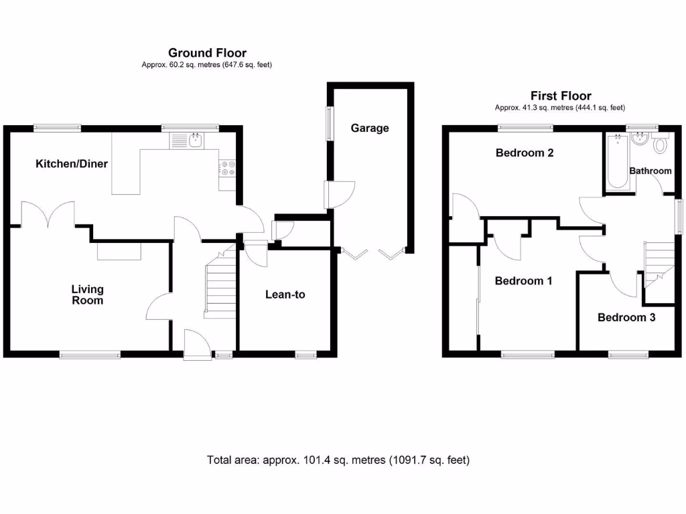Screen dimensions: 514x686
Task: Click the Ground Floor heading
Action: click(207, 53)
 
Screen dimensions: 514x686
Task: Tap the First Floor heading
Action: click(561, 96)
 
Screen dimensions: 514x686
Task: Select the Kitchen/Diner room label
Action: click(72, 163)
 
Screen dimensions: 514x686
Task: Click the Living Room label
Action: click(88, 294)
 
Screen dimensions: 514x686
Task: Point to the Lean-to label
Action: click(285, 294)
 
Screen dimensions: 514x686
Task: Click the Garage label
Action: click(370, 128)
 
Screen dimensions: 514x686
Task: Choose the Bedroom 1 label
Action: click(523, 281)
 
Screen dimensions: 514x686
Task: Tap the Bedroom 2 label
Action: click(525, 153)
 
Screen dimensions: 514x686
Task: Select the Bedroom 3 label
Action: click(626, 317)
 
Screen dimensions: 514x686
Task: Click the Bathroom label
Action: click(650, 171)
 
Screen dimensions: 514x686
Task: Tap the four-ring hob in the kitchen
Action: click(226, 167)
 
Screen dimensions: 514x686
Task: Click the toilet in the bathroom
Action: click(661, 144)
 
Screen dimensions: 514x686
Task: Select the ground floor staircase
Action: click(219, 284)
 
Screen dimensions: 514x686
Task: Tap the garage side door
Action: click(334, 195)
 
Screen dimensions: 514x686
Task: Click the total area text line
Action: click(338, 460)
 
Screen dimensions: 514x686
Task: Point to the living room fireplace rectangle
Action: click(119, 251)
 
